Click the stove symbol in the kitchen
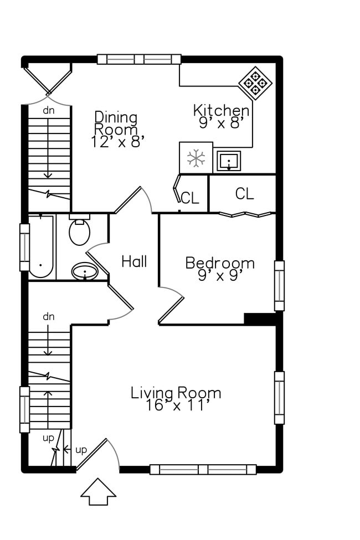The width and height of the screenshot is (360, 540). (x=255, y=83)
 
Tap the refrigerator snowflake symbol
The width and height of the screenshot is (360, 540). (x=196, y=158)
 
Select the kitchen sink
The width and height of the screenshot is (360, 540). (x=229, y=161)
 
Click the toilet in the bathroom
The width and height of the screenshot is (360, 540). (x=80, y=230)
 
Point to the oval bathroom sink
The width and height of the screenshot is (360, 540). (x=85, y=271)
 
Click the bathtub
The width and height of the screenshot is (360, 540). (x=41, y=246)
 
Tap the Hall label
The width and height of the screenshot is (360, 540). (x=134, y=261)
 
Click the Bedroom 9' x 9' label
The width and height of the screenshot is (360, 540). (x=220, y=269)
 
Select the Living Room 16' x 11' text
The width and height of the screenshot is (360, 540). (x=176, y=399)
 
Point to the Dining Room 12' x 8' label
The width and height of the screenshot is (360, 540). (x=116, y=129)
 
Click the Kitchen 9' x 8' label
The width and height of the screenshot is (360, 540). (x=221, y=116)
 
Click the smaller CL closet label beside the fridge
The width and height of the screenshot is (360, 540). (x=190, y=198)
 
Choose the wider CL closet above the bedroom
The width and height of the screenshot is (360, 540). (x=245, y=193)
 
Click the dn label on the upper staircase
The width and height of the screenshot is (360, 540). (x=49, y=111)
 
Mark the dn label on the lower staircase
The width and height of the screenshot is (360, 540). (x=49, y=316)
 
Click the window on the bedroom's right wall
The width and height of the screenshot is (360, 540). (x=279, y=286)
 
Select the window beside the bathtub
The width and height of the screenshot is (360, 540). (x=24, y=247)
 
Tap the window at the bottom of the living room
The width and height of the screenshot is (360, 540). (x=203, y=470)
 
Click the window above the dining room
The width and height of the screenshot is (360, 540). (x=139, y=59)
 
